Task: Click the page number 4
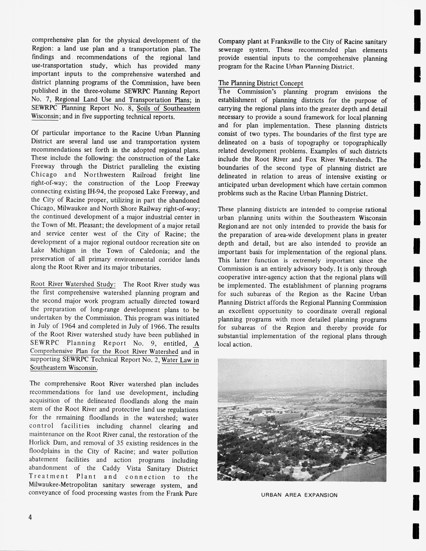pos(30,517)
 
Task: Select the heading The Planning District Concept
pos(261,83)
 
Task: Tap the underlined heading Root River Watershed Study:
pos(73,284)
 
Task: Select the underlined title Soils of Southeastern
pos(168,109)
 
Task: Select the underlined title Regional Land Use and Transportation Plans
pos(123,100)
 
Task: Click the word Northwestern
pos(104,175)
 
